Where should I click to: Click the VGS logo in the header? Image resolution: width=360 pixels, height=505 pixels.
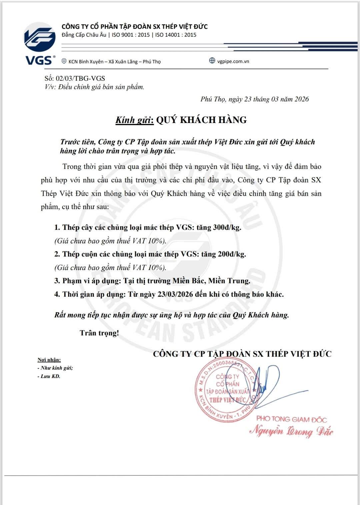(39, 43)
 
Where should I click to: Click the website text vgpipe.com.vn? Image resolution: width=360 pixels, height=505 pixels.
(233, 61)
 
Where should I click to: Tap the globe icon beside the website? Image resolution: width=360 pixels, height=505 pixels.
(212, 61)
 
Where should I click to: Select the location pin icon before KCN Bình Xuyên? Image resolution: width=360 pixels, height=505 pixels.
(64, 61)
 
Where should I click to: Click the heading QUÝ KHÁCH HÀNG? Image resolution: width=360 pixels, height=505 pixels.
(201, 120)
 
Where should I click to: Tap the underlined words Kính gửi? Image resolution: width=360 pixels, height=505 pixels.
(134, 120)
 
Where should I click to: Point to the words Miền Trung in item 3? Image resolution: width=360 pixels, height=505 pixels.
(229, 281)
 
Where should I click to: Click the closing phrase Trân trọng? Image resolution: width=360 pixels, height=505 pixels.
(99, 333)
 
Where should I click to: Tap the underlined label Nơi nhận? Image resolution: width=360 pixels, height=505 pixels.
(49, 360)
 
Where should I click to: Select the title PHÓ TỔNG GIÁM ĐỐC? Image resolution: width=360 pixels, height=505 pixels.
(291, 419)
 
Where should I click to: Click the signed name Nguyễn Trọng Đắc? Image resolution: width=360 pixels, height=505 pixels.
(291, 431)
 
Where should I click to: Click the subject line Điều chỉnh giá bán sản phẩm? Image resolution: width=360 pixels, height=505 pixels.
(101, 87)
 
